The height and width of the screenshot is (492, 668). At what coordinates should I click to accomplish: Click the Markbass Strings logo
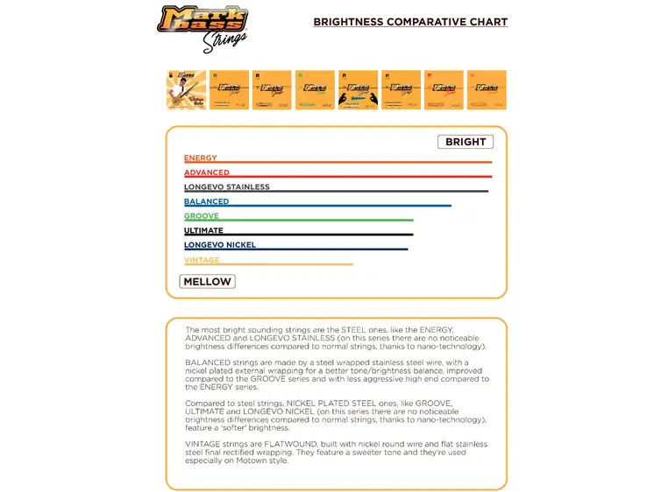click(x=203, y=27)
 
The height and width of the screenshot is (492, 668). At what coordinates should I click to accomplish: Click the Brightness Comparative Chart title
click(x=410, y=22)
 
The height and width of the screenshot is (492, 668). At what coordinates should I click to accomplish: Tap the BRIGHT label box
click(x=465, y=142)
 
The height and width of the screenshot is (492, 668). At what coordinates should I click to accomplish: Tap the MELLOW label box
click(x=207, y=282)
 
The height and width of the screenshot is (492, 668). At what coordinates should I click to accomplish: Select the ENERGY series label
click(x=201, y=158)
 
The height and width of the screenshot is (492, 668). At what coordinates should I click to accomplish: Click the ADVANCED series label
click(x=207, y=172)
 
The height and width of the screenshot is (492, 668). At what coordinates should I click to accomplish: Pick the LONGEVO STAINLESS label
click(x=227, y=187)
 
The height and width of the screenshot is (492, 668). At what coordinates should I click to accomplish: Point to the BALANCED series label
click(x=207, y=201)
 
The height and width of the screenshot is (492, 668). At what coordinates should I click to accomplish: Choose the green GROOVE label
click(x=202, y=216)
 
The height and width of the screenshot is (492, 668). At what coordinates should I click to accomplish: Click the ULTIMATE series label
click(x=203, y=230)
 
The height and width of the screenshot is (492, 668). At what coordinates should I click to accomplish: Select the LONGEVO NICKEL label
click(x=220, y=245)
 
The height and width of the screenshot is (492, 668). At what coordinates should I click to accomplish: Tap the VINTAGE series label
click(x=202, y=260)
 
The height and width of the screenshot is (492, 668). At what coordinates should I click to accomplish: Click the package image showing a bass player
click(x=187, y=90)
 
